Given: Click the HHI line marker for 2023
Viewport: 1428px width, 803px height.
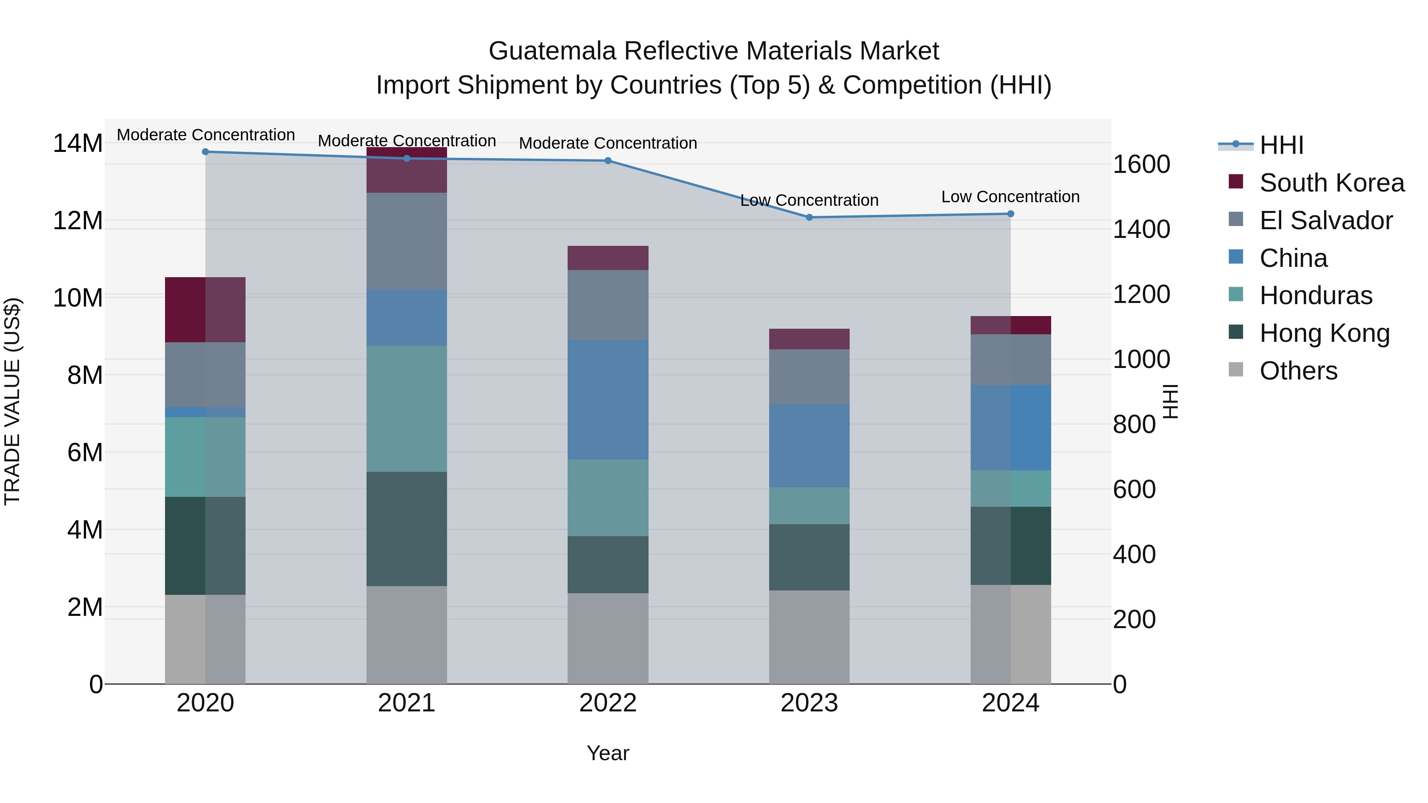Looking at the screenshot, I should [809, 217].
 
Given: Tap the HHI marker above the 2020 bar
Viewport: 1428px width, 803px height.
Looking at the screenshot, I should [205, 152].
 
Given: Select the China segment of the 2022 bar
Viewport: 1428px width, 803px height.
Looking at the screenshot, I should [608, 400].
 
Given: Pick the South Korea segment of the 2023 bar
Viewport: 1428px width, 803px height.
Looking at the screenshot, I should [809, 339].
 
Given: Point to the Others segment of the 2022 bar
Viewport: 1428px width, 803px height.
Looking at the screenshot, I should [608, 638].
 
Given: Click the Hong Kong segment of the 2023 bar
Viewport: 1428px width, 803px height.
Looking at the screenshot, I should [809, 557].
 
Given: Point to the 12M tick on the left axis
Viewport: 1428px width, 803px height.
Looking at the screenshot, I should [78, 220].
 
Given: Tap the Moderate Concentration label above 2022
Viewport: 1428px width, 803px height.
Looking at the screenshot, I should [608, 143].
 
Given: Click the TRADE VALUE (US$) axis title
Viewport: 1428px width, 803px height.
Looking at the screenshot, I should [12, 401].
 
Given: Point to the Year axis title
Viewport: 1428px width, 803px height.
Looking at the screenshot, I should [608, 753].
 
